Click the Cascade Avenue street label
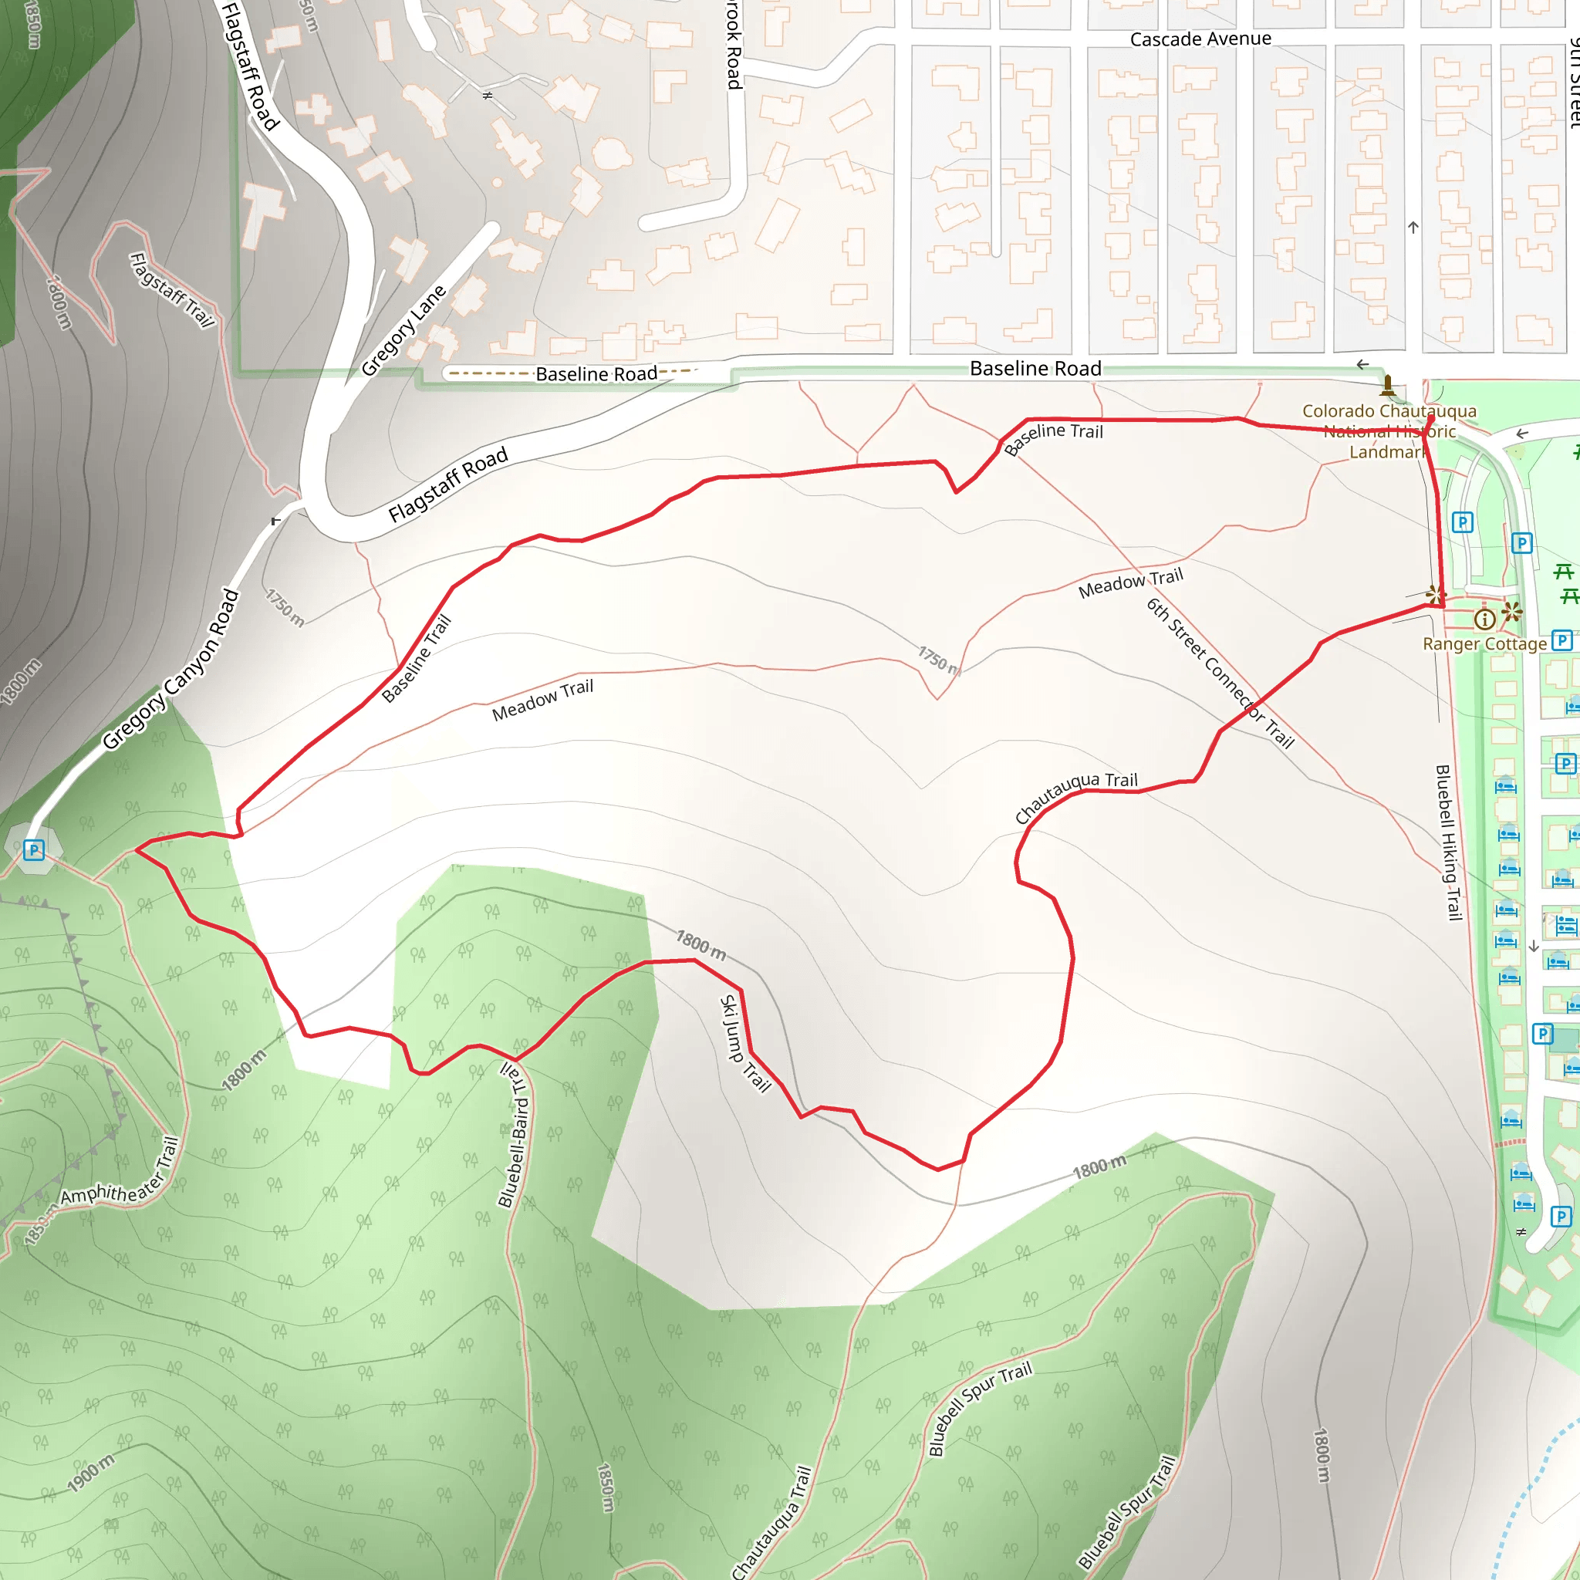[x=1200, y=39]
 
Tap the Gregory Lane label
[x=404, y=329]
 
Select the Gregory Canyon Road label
[x=171, y=669]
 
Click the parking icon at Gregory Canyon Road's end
[x=33, y=850]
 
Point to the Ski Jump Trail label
[x=745, y=1044]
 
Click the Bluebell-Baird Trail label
[x=515, y=1134]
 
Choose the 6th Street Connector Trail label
[x=1220, y=673]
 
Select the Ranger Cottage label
[x=1484, y=644]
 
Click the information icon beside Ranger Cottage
[x=1484, y=619]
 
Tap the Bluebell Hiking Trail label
[x=1448, y=842]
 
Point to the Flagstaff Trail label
[x=173, y=289]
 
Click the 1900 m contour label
[x=91, y=1473]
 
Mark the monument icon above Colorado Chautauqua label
[x=1388, y=384]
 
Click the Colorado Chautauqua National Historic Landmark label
[x=1389, y=431]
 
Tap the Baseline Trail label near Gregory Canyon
[x=417, y=658]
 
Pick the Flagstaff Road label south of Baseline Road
[x=447, y=484]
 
